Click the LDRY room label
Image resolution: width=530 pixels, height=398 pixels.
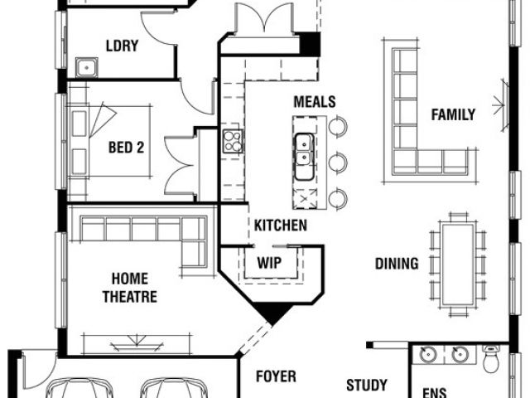click(122, 46)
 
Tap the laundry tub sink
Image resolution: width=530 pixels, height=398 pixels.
click(86, 67)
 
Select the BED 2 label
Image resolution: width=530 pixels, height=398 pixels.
click(126, 148)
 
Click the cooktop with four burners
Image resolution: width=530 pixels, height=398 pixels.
click(233, 141)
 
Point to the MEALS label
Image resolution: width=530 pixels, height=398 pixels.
click(315, 101)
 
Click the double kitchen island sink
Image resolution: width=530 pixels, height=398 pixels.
click(304, 157)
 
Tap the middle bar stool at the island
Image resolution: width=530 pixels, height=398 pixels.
click(338, 162)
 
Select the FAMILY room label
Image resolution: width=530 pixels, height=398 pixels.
click(453, 114)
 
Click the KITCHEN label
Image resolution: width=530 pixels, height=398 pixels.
click(280, 226)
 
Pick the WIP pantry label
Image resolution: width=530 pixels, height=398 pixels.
click(269, 263)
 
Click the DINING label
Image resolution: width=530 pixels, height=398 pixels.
click(397, 264)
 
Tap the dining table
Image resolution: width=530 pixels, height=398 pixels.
click(458, 265)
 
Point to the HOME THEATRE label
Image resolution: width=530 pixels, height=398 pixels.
click(130, 288)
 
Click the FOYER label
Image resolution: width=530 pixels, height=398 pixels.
click(276, 376)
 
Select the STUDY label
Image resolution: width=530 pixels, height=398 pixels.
click(367, 385)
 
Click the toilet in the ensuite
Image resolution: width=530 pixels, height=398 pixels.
click(491, 359)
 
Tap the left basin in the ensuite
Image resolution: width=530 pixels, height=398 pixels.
click(428, 354)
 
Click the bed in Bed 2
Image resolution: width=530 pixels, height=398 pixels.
click(110, 141)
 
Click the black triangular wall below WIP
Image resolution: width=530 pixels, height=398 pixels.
click(273, 312)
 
